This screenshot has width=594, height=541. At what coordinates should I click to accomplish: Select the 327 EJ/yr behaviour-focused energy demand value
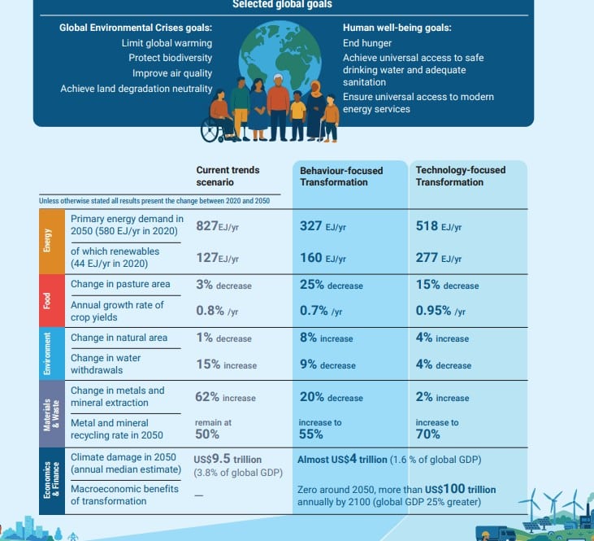323,226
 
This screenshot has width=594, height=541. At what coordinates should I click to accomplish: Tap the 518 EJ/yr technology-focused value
438,226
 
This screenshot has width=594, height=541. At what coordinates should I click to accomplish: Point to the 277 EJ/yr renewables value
438,258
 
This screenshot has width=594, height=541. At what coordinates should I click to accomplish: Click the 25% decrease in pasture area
331,285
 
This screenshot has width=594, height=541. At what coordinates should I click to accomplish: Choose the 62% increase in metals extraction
225,397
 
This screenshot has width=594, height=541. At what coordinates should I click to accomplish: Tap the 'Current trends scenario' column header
228,176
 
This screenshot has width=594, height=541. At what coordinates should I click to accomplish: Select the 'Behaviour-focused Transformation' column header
341,176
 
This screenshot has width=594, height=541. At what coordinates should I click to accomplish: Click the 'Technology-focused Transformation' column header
460,176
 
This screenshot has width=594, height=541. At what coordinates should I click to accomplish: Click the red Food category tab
47,299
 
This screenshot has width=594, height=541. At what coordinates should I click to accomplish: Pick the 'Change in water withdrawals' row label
106,364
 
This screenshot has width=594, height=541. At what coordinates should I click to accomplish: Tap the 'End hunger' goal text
367,43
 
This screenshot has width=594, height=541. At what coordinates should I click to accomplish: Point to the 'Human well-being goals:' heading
397,28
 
